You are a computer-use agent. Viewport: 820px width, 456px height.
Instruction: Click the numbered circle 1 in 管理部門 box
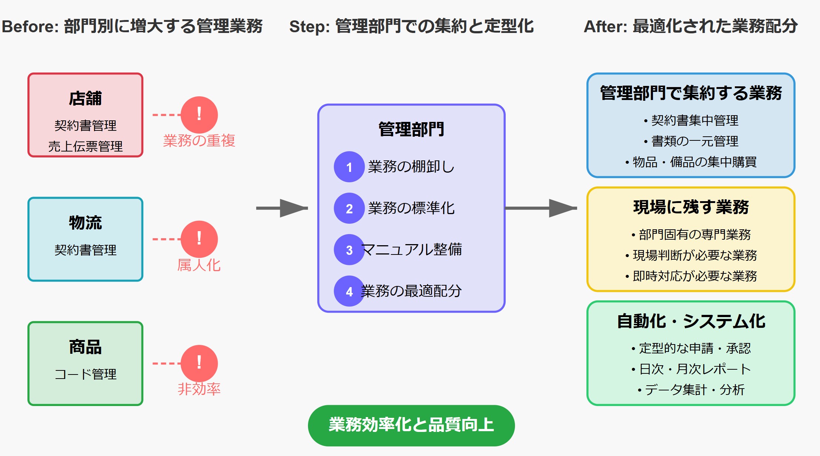click(x=349, y=167)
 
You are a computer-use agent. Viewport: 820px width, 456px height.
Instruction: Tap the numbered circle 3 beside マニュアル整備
click(x=349, y=250)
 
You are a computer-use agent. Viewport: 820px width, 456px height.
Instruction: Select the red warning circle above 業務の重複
click(x=199, y=114)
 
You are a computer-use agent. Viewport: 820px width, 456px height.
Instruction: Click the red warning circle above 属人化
click(x=199, y=239)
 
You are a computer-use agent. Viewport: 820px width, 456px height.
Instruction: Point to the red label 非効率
click(x=199, y=389)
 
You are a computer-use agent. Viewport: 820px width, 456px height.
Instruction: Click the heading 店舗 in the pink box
click(x=85, y=99)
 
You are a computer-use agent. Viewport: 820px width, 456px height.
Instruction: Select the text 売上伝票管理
click(x=85, y=146)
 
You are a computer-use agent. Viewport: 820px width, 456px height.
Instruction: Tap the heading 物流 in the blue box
click(x=85, y=223)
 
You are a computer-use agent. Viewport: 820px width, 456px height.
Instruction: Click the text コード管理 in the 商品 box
click(x=85, y=374)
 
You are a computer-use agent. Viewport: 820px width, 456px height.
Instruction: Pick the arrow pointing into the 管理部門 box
click(x=282, y=208)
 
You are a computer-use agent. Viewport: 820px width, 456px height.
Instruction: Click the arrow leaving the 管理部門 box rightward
click(x=540, y=208)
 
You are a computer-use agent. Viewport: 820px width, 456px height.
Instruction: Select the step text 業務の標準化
click(x=411, y=208)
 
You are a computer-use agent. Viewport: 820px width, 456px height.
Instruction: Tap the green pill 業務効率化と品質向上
click(x=411, y=425)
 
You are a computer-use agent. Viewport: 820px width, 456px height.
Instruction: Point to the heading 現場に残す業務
click(x=691, y=207)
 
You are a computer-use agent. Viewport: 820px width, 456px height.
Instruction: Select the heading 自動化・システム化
click(x=691, y=321)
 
